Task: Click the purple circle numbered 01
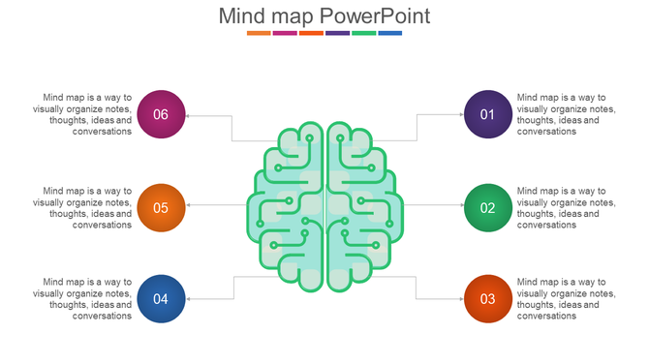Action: click(x=488, y=114)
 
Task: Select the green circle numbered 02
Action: click(x=488, y=207)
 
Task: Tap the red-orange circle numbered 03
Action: click(x=488, y=298)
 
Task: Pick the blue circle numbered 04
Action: click(x=161, y=298)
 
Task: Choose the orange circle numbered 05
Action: click(x=161, y=207)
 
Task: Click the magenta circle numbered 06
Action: click(x=161, y=114)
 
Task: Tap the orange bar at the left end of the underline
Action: click(x=259, y=33)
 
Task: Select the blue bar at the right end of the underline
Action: click(x=390, y=33)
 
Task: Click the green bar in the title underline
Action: click(x=364, y=33)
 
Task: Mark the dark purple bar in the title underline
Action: click(x=338, y=33)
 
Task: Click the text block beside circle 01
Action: click(x=566, y=114)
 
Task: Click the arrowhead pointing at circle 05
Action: click(x=189, y=205)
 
